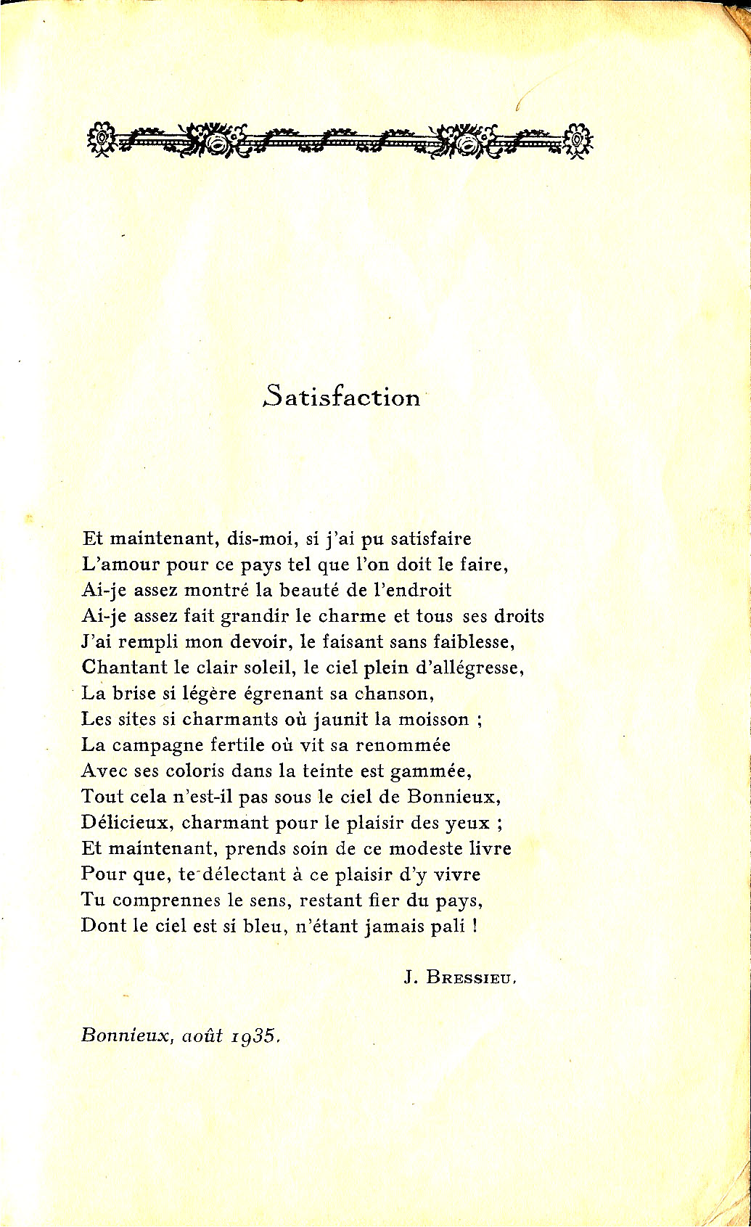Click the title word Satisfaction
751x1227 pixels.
pos(342,396)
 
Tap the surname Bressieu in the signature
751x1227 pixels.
pos(471,977)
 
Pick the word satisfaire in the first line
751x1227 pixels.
pos(431,539)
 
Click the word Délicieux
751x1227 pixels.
pos(127,823)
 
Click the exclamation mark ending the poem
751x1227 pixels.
pos(475,926)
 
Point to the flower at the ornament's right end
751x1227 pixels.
pos(578,137)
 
